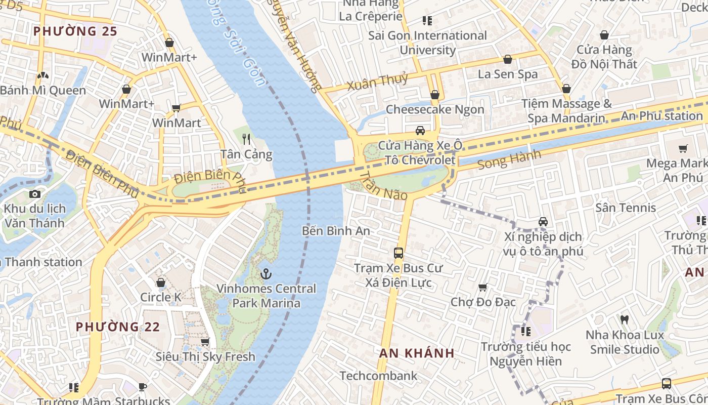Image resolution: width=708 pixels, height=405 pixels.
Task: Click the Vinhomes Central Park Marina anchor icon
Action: pyautogui.click(x=265, y=274)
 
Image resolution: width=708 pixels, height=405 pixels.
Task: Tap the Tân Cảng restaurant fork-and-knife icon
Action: pyautogui.click(x=246, y=139)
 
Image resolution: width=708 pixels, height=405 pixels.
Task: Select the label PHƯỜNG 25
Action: pyautogui.click(x=75, y=31)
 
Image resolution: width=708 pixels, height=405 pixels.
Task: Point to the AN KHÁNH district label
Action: pyautogui.click(x=417, y=353)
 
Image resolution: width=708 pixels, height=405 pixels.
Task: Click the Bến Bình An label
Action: pyautogui.click(x=336, y=231)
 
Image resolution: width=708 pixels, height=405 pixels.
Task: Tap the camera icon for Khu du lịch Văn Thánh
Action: pyautogui.click(x=34, y=194)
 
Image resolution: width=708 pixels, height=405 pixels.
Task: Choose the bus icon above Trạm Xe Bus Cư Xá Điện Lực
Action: pyautogui.click(x=399, y=253)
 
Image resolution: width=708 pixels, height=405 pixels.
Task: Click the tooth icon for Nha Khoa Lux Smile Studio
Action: pyautogui.click(x=624, y=320)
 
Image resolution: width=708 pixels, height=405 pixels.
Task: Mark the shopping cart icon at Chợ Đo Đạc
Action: pyautogui.click(x=483, y=287)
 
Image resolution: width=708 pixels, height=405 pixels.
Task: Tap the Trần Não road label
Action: pyautogui.click(x=383, y=185)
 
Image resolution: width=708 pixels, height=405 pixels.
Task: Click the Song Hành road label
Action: pyautogui.click(x=509, y=160)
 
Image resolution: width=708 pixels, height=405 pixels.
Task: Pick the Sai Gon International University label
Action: pyautogui.click(x=427, y=43)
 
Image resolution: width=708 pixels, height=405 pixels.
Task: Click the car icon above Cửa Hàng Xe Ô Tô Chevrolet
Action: pyautogui.click(x=420, y=131)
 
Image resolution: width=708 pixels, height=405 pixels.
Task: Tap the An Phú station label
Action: pyautogui.click(x=661, y=116)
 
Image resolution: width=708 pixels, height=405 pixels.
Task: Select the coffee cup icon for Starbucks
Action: pyautogui.click(x=143, y=387)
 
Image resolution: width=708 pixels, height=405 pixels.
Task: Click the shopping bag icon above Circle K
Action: pyautogui.click(x=161, y=282)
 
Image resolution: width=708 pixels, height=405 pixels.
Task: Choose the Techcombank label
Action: pyautogui.click(x=378, y=376)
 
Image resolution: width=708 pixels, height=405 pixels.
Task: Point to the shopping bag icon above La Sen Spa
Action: pyautogui.click(x=508, y=59)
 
